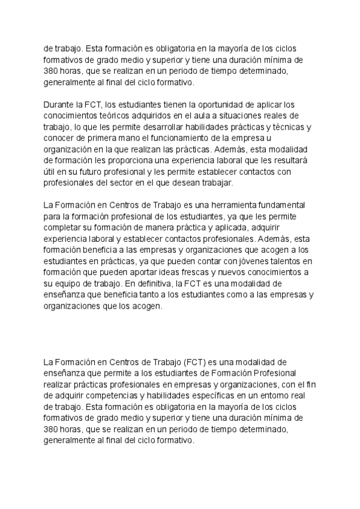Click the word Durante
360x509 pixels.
(59, 104)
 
